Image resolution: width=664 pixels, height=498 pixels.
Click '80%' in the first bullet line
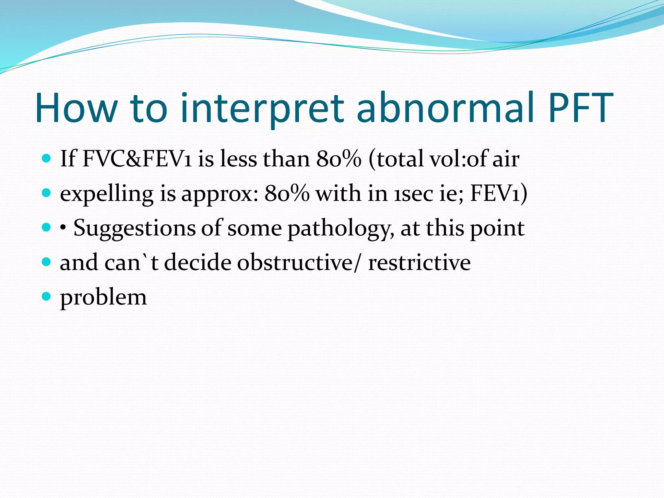click(338, 159)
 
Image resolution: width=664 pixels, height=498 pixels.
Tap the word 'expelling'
click(107, 194)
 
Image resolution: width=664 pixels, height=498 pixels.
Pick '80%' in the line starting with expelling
click(287, 194)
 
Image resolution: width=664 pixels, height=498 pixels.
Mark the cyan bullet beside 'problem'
click(47, 296)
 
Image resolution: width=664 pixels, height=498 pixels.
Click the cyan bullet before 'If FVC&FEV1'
click(47, 158)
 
